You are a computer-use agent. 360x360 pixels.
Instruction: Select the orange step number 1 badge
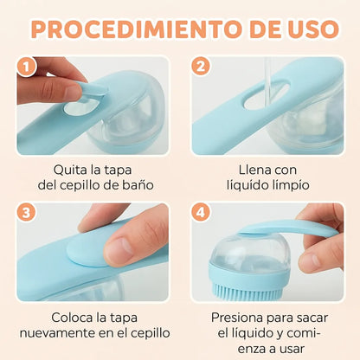[x=27, y=67]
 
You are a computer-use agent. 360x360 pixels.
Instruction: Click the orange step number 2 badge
[x=201, y=66]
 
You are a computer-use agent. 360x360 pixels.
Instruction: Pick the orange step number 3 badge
[x=27, y=213]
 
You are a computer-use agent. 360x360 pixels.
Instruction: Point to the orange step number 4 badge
[x=201, y=213]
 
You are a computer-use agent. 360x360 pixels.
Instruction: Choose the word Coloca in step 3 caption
[x=72, y=318]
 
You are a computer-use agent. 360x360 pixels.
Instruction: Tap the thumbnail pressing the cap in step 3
[x=119, y=248]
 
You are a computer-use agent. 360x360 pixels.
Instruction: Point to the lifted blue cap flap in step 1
[x=88, y=92]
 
